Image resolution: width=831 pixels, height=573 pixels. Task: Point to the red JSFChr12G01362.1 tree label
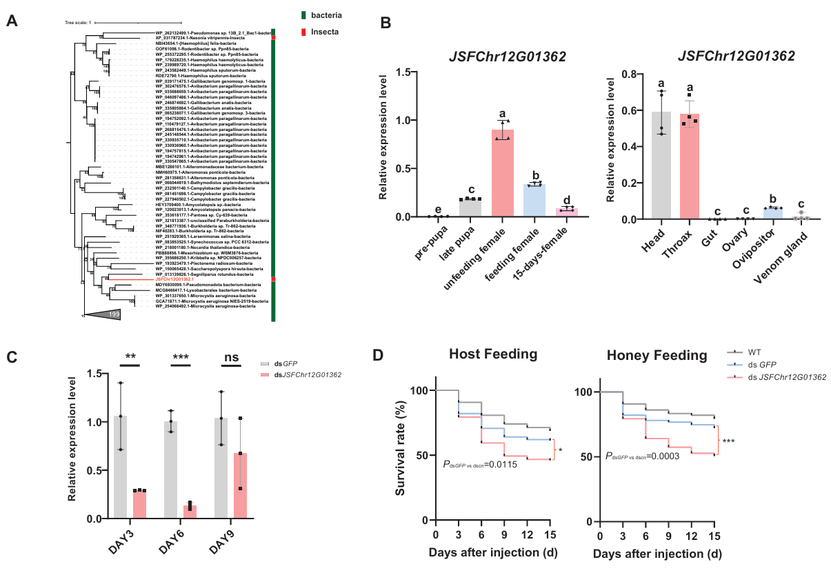click(176, 279)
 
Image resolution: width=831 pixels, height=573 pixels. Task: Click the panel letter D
click(378, 357)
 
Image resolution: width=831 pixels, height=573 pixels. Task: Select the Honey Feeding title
click(657, 356)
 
